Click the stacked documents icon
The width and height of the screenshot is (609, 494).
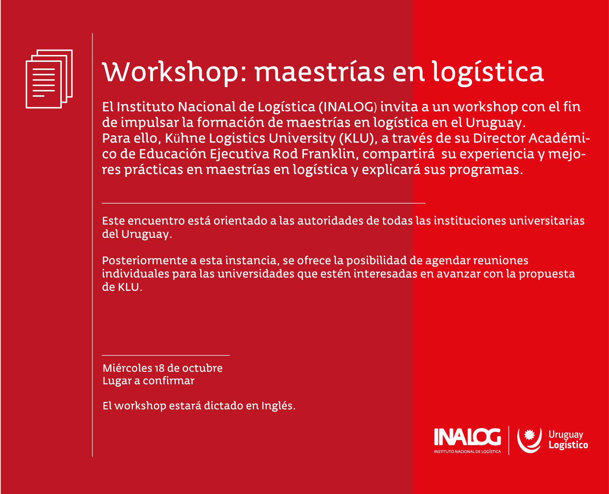click(49, 79)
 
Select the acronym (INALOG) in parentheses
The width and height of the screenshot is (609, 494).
click(348, 107)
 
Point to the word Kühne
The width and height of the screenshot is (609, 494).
click(185, 138)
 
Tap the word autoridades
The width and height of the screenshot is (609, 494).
click(330, 221)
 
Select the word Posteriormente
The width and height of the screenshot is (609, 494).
click(145, 261)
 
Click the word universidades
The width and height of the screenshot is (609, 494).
click(256, 274)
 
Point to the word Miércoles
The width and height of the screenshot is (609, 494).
click(127, 368)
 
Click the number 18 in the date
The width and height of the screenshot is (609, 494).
click(160, 368)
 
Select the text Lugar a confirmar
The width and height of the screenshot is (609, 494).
click(148, 381)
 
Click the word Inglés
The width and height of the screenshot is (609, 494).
click(278, 406)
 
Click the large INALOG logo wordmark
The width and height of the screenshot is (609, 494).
click(467, 437)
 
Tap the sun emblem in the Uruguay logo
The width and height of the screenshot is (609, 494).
click(529, 435)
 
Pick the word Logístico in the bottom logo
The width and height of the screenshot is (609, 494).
click(568, 445)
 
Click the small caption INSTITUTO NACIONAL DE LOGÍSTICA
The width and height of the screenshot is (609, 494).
click(467, 452)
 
